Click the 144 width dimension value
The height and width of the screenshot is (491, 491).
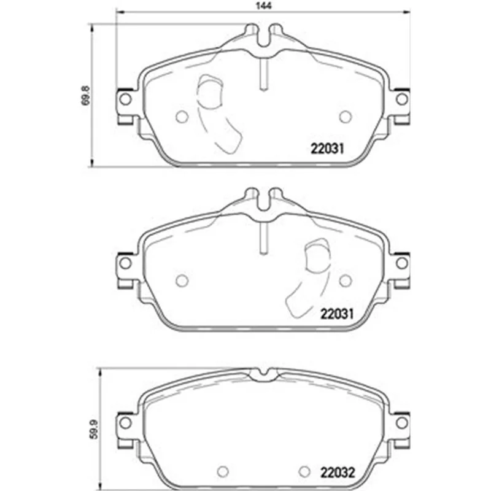click(x=263, y=6)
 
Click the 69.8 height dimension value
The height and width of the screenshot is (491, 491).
click(x=86, y=96)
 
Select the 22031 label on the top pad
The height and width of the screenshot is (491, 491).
click(x=327, y=149)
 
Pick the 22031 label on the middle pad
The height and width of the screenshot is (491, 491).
click(x=336, y=314)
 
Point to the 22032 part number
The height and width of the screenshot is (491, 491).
click(x=337, y=473)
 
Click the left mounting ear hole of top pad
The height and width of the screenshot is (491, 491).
click(x=125, y=99)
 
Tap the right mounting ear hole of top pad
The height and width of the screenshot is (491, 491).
click(x=402, y=99)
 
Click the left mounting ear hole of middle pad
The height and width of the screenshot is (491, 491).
click(x=125, y=263)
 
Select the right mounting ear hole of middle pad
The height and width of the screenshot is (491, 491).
click(x=402, y=263)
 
